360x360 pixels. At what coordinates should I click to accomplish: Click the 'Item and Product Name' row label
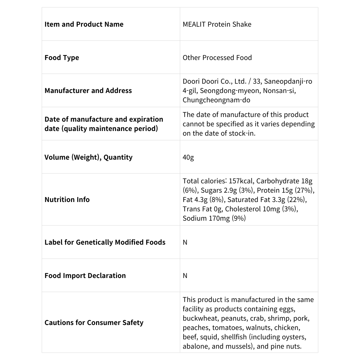[84, 24]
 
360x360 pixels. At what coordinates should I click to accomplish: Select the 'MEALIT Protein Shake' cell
[217, 24]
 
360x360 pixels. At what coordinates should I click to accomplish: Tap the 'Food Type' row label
[62, 58]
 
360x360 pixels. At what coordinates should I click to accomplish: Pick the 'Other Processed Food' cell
[217, 58]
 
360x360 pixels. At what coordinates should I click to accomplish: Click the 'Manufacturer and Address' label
[88, 91]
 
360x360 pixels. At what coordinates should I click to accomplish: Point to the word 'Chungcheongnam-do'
[216, 100]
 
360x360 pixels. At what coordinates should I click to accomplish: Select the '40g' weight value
[188, 157]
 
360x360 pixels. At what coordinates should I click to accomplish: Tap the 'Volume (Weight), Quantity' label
[88, 157]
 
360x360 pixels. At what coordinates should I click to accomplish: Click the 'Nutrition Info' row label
[67, 200]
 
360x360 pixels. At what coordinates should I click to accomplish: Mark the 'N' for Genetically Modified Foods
[185, 242]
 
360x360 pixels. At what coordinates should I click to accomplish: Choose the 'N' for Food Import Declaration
[185, 276]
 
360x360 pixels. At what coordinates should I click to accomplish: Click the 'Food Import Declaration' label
[85, 276]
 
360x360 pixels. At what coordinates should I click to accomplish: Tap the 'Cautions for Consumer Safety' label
[94, 323]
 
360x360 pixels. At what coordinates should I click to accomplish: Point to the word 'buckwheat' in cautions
[198, 318]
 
